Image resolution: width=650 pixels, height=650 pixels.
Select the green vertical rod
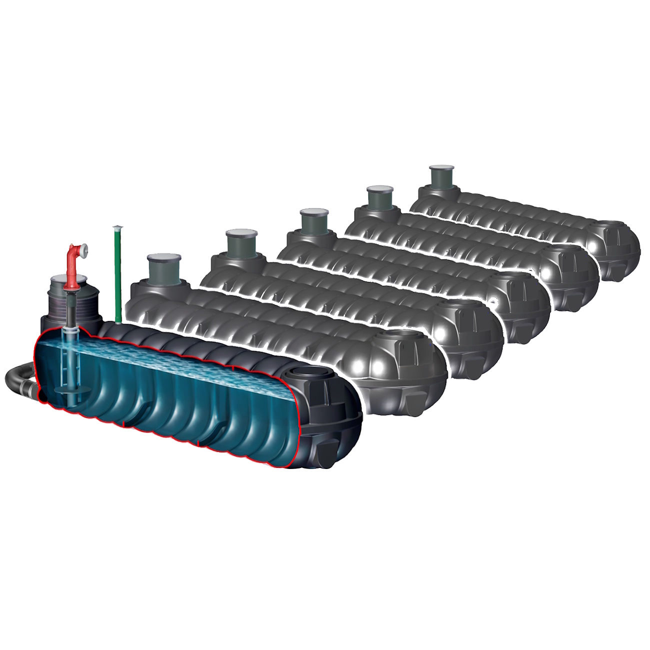click(118, 275)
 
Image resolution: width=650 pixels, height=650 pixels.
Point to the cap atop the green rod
click(117, 227)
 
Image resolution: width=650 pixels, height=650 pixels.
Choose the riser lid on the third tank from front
click(240, 233)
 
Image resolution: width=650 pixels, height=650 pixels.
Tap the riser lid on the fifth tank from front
click(379, 189)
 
